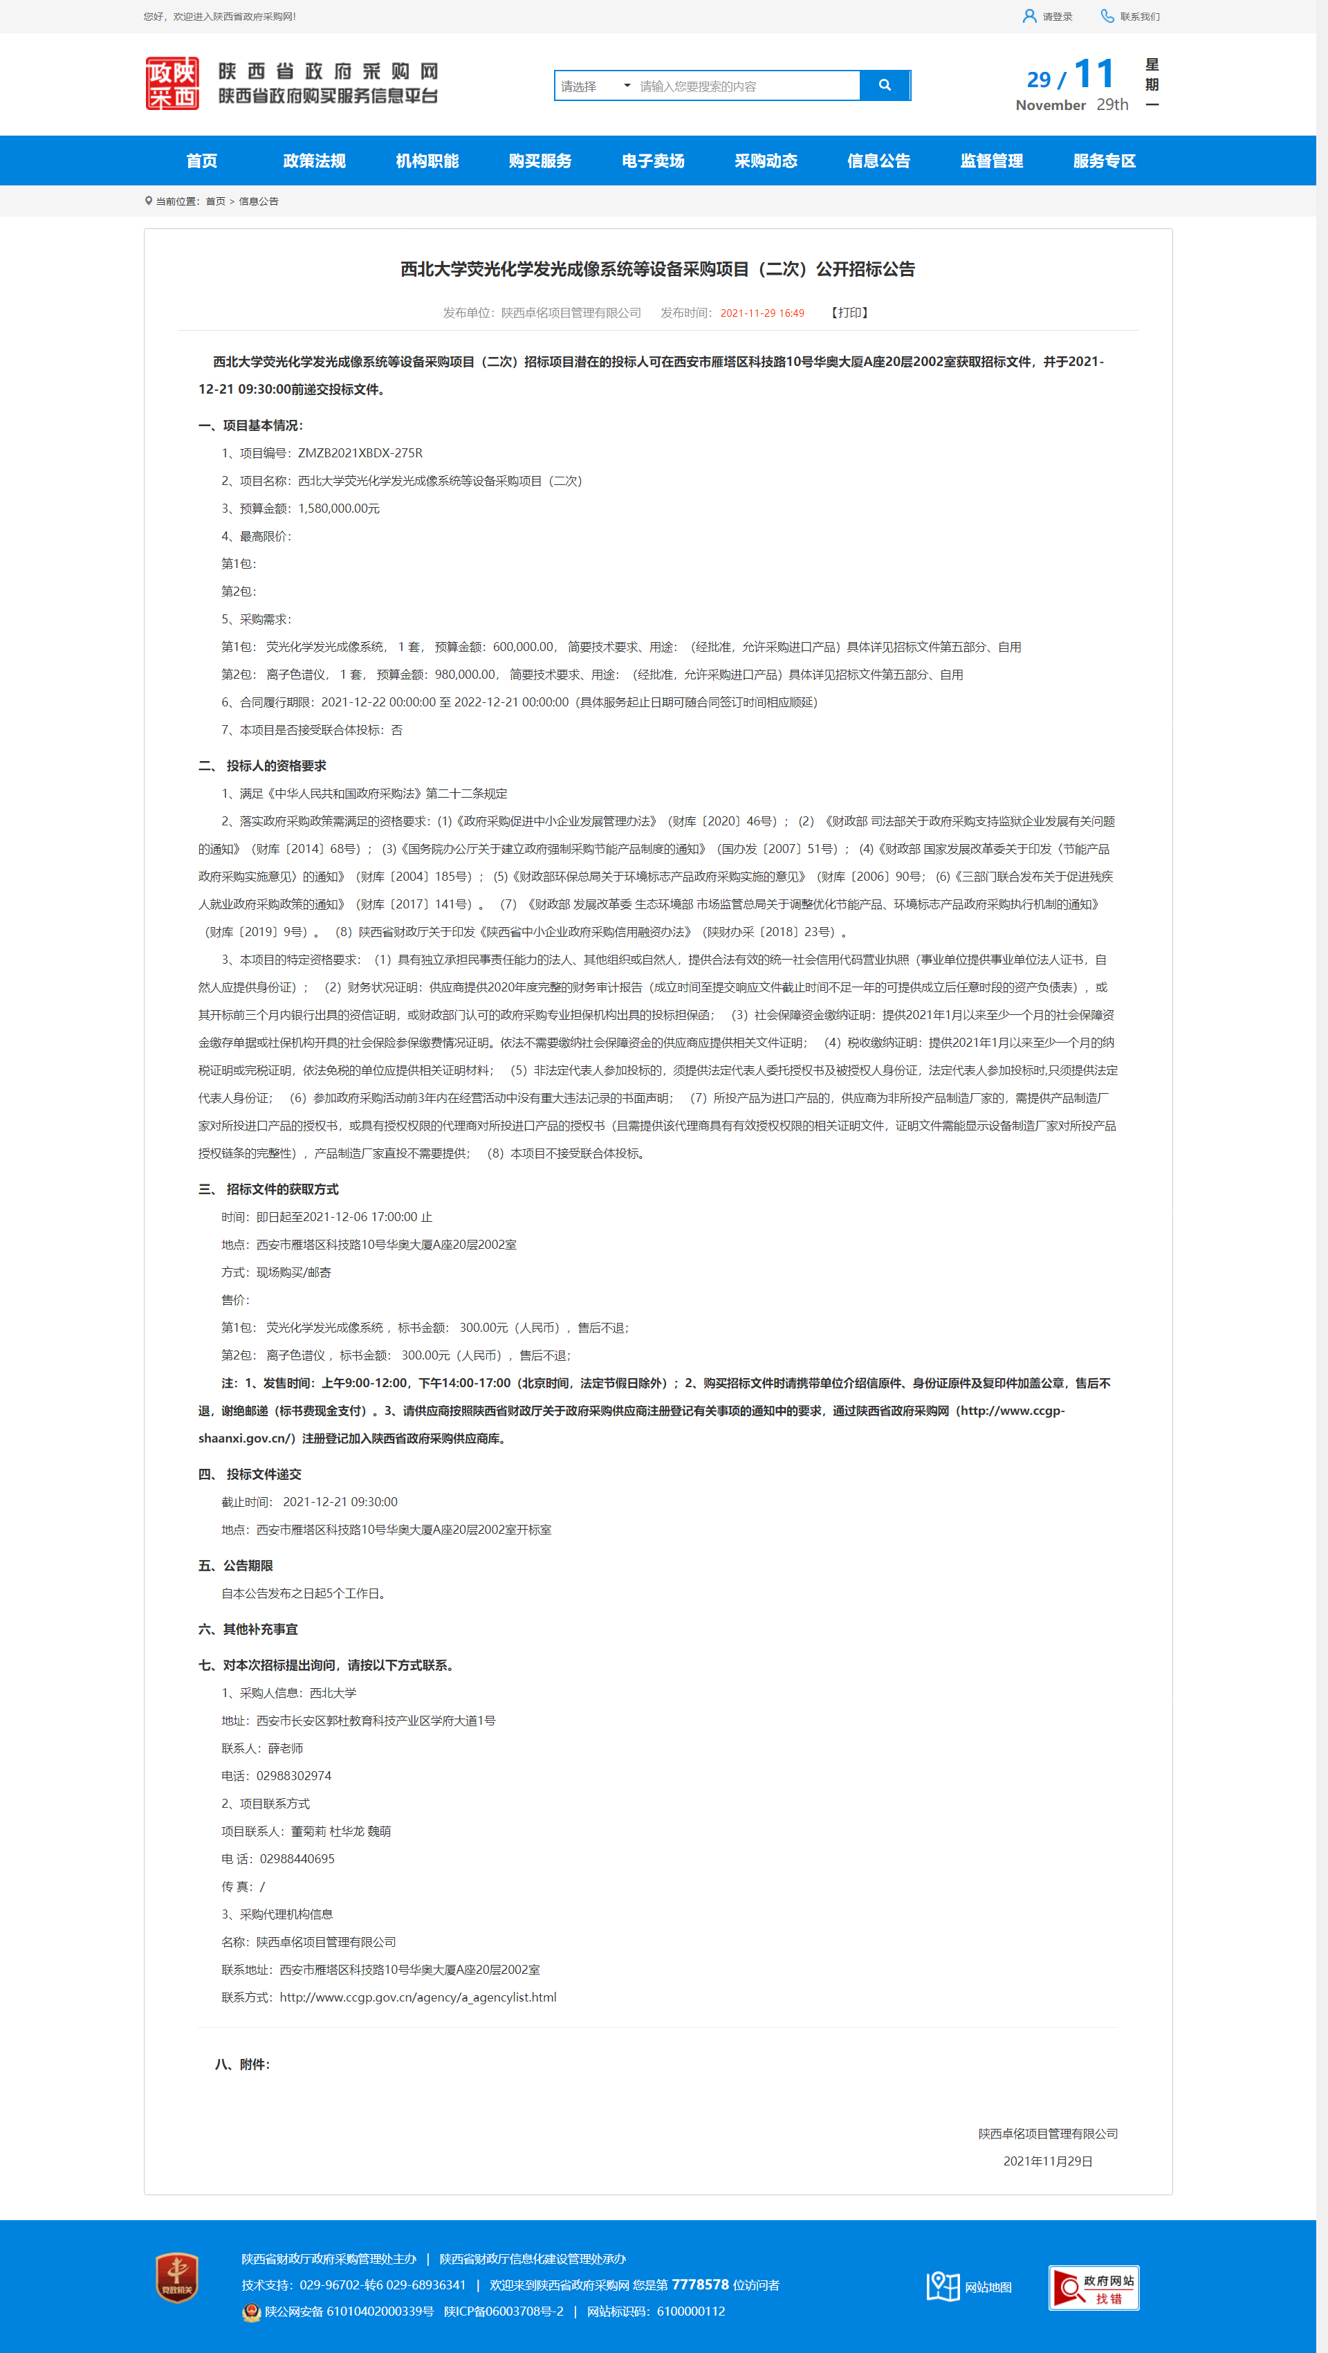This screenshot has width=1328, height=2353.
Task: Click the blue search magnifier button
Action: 884,85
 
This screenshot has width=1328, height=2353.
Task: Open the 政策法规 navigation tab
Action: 314,161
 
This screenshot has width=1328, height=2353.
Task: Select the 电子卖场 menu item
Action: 653,161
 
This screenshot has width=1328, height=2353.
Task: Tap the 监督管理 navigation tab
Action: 991,161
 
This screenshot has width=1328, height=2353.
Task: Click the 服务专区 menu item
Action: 1104,161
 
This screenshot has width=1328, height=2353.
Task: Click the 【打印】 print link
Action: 849,313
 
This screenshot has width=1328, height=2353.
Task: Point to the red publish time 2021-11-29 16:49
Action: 762,313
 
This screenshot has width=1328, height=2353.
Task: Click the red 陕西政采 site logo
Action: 172,83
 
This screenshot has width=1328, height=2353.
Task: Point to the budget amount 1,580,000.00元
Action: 339,509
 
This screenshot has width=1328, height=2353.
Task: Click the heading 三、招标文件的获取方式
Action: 268,1189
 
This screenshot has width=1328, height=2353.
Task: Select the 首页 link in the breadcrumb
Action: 216,201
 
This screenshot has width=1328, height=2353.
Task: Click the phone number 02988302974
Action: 293,1776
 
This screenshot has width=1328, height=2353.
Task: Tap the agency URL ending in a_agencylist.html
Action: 417,1997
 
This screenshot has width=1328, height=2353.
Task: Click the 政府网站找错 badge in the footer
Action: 1094,2287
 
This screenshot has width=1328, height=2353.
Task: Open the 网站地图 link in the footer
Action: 970,2287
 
